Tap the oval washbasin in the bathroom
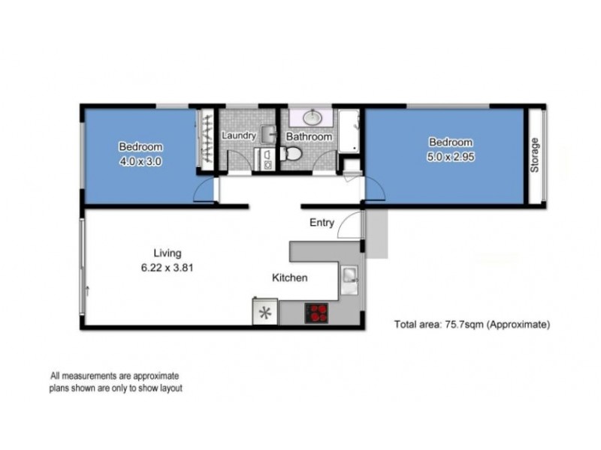click(313, 118)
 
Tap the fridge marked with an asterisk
click(264, 313)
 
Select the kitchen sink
click(351, 279)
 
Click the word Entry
click(322, 223)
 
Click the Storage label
click(535, 155)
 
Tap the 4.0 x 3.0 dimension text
click(140, 160)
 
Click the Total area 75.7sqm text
click(473, 325)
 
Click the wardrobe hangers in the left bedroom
click(205, 140)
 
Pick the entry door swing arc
click(349, 223)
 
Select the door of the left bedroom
click(202, 192)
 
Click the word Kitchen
click(289, 278)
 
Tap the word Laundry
click(240, 136)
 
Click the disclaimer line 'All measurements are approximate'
click(115, 376)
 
